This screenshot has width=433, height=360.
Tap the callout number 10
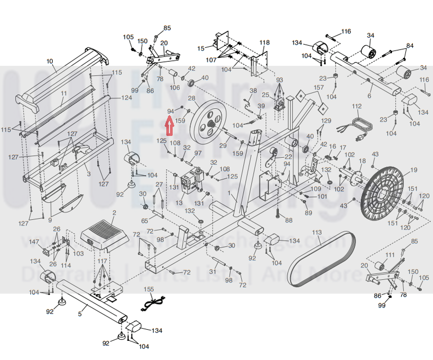pos(50,62)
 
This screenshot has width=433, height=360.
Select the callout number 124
pos(126,98)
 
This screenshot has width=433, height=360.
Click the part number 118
pos(264,42)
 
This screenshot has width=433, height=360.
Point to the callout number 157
pos(318,87)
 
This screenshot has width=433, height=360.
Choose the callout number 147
pos(34,242)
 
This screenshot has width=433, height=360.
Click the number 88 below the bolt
pos(289,220)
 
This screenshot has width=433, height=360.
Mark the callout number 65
pos(145,220)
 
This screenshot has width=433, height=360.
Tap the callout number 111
pos(390,255)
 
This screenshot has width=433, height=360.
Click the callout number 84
pos(409,46)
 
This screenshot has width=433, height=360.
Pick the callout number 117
pos(102,261)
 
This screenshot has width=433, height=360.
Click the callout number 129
pos(326,121)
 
